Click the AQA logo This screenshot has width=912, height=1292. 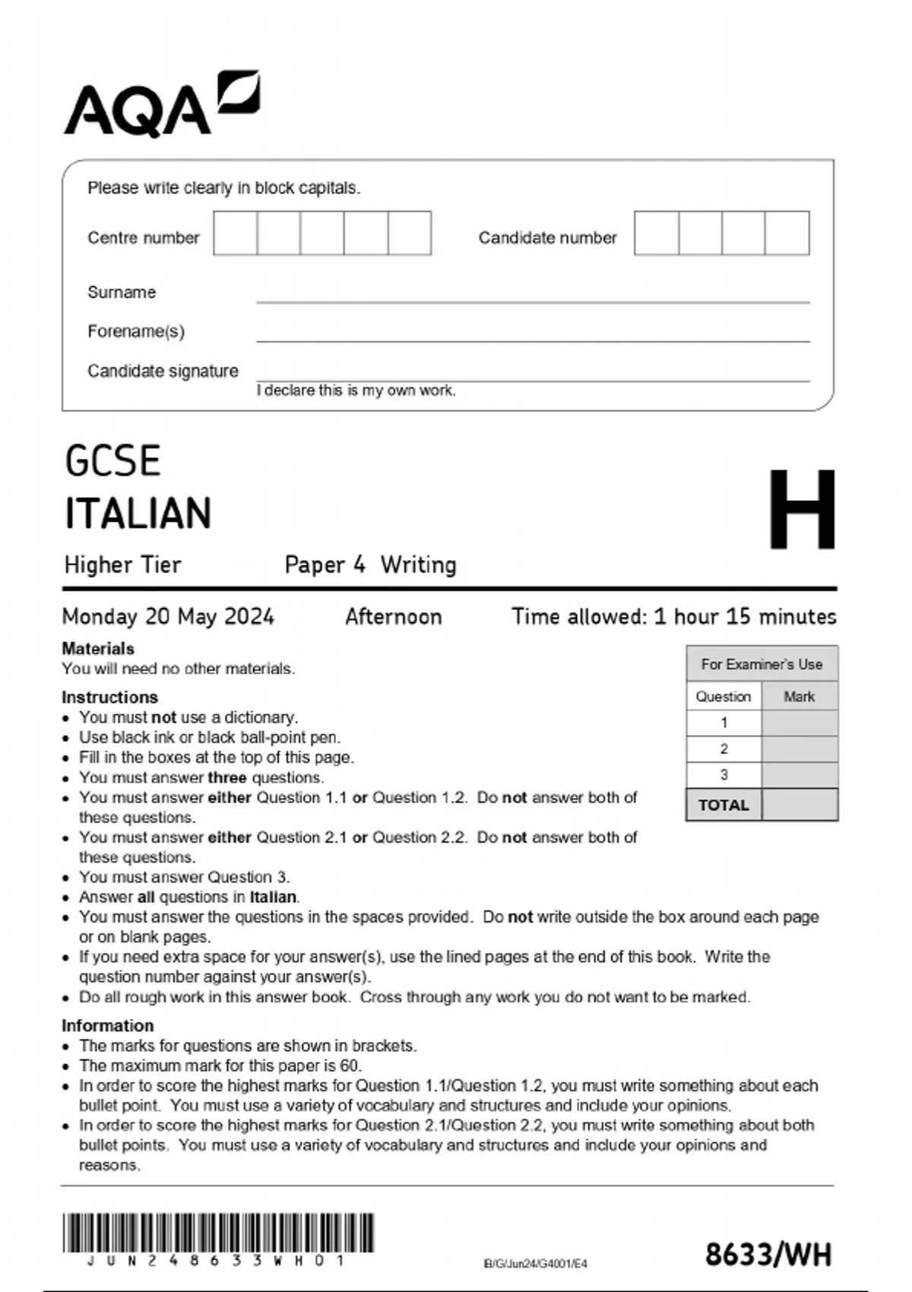pos(160,105)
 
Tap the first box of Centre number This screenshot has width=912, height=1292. pos(235,233)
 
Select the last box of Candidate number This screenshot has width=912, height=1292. pos(787,233)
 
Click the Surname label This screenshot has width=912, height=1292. pos(122,293)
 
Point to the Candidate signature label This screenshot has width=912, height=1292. pos(163,371)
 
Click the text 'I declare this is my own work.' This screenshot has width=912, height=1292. pos(356,391)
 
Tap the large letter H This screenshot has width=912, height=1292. pos(801,509)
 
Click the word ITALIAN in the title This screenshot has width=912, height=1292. pos(138,513)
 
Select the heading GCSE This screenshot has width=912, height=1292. pos(112,461)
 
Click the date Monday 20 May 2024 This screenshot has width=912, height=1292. pos(168,616)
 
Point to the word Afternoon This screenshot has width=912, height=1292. pos(393,616)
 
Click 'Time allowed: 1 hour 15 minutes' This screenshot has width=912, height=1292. pos(673,616)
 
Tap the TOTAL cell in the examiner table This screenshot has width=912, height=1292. pos(724,805)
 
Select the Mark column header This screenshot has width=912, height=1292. pos(799,696)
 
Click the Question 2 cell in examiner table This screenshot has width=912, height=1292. pos(724,749)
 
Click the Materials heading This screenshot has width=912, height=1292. pos(97,648)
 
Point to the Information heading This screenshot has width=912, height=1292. pos(107,1025)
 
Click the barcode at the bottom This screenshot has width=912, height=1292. pos(218,1233)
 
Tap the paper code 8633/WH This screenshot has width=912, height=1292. pos(768,1255)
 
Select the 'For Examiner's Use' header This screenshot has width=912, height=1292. pos(762,664)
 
